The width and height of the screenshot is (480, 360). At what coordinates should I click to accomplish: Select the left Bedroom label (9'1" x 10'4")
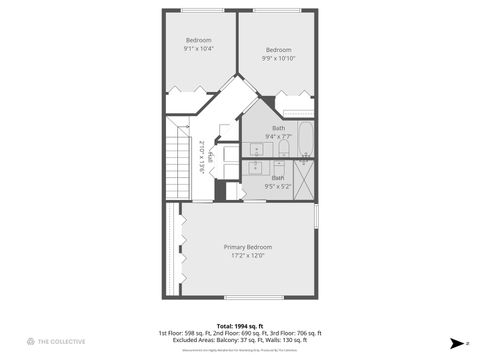tap(199, 40)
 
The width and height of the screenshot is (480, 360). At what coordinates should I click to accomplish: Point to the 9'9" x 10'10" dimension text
tap(278, 58)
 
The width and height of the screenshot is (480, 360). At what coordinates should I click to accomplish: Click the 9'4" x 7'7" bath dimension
tap(278, 136)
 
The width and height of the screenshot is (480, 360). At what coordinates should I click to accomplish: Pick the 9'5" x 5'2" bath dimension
tap(278, 186)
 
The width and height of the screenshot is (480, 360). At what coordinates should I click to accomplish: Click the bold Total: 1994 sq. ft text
tap(239, 325)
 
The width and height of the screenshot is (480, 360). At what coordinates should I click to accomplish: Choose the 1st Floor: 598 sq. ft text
tap(183, 333)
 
